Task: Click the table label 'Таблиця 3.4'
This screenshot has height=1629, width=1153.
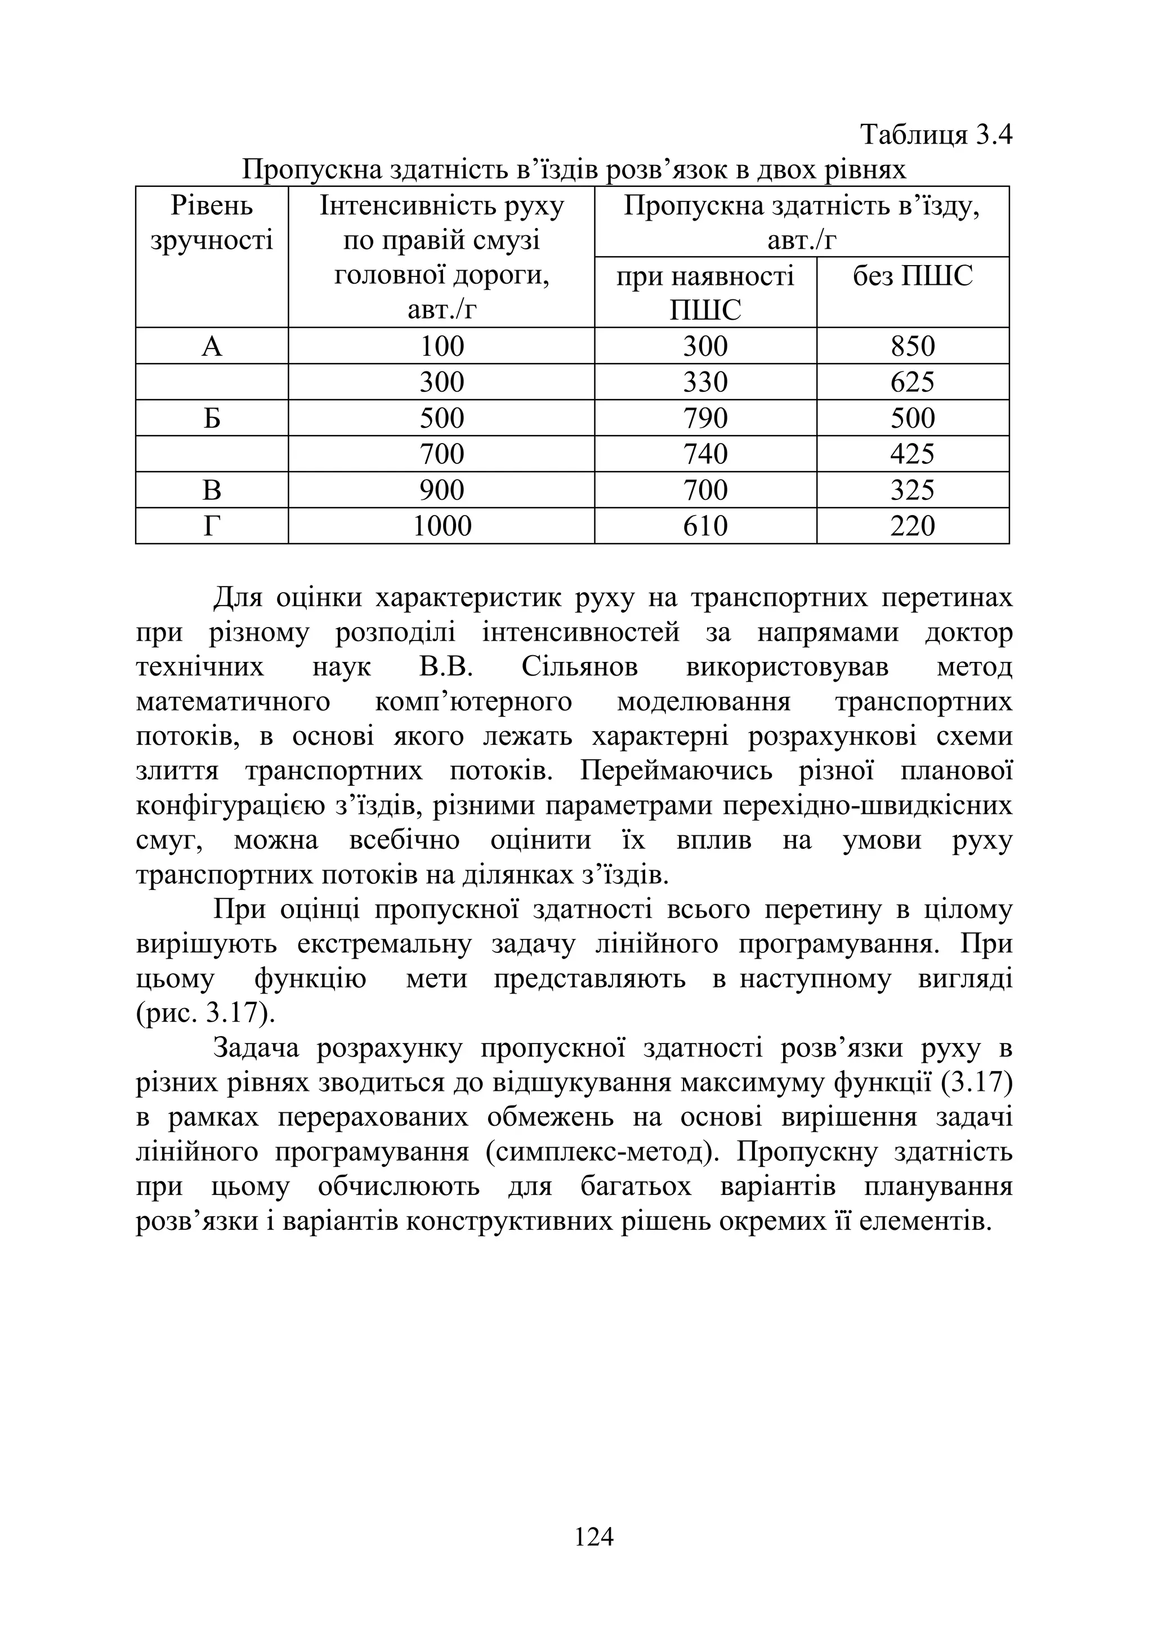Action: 935,133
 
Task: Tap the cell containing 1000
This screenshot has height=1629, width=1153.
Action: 441,526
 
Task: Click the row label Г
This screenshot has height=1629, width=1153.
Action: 212,526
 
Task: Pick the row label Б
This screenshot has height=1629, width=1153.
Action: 212,418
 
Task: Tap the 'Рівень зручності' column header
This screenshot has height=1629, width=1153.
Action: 212,223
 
